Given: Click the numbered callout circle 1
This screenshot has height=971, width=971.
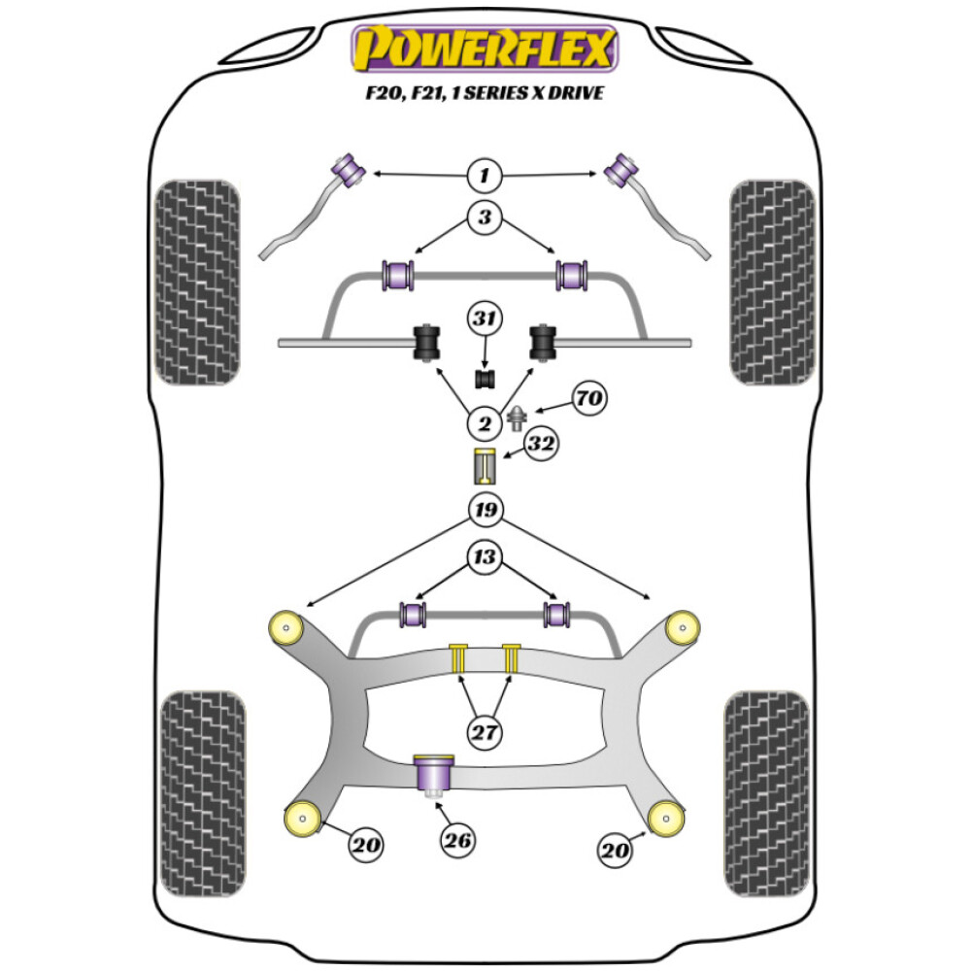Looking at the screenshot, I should point(484,176).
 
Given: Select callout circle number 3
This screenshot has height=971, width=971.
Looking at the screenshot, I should point(484,218).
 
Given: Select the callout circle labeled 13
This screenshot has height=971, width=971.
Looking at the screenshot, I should point(484,556).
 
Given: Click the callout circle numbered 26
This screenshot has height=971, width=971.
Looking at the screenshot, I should point(458,841).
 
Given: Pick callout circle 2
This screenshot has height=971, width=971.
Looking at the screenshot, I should point(484,422).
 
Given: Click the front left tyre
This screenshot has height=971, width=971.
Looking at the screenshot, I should point(196,282).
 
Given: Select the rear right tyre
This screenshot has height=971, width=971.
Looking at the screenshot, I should point(767,794).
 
